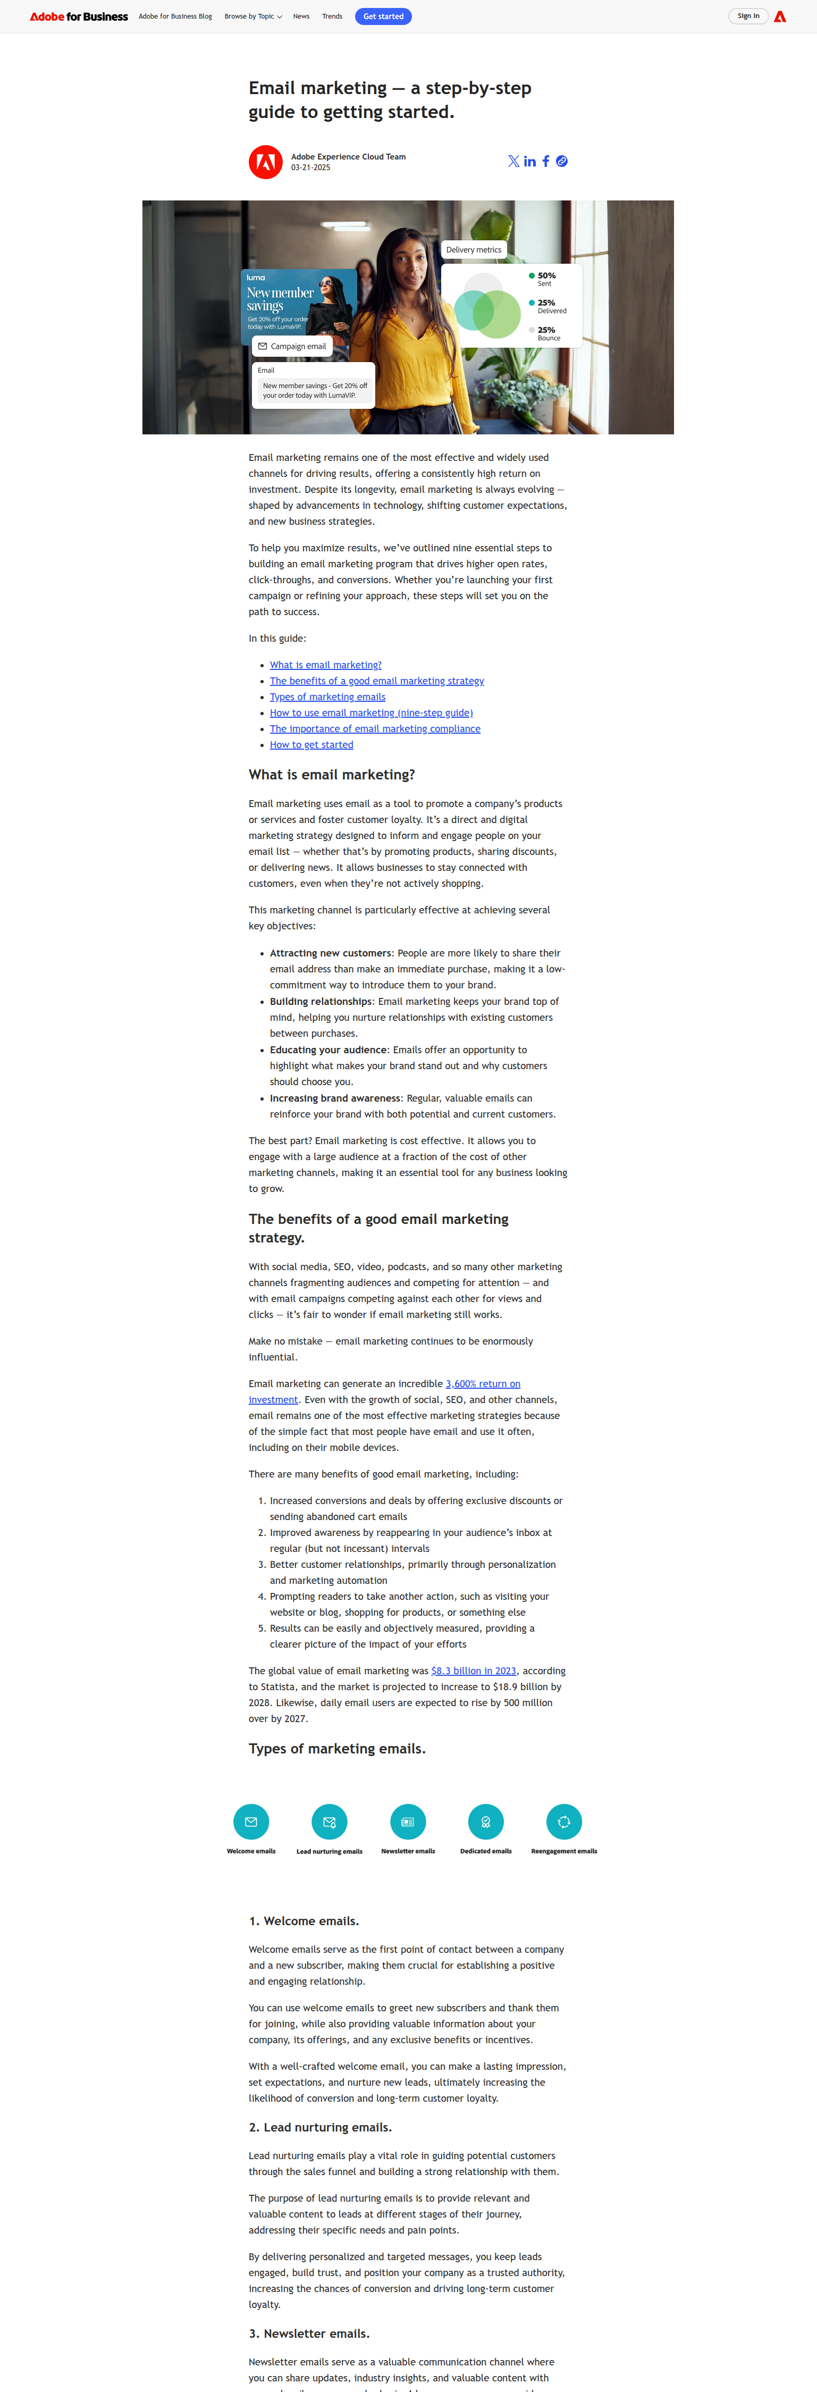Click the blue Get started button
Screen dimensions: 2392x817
click(383, 16)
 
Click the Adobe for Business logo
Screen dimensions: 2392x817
click(79, 16)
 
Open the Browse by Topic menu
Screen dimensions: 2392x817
click(252, 16)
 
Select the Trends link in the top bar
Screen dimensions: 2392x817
click(332, 16)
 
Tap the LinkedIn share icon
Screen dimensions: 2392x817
click(529, 162)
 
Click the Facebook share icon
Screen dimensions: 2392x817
click(546, 162)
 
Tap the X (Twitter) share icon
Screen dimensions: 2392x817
click(513, 162)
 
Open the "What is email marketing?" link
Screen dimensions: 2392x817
click(325, 665)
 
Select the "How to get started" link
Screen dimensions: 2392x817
click(311, 745)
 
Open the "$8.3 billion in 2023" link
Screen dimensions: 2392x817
click(474, 1671)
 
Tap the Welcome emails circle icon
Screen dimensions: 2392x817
click(251, 1822)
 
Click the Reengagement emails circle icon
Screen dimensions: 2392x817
click(563, 1822)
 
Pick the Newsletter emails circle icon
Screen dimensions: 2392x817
click(408, 1822)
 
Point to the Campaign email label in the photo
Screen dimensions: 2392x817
click(292, 346)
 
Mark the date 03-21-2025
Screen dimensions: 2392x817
click(310, 168)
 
